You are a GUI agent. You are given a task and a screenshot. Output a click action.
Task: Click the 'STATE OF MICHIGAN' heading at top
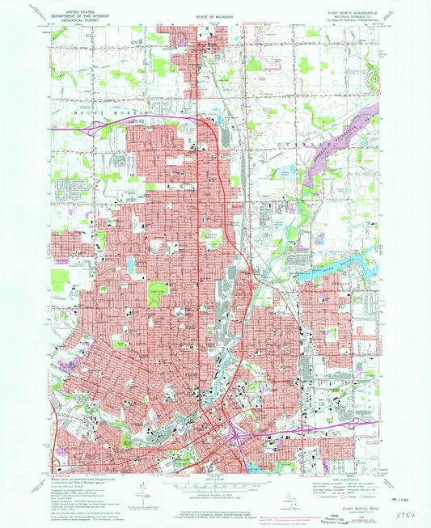(215, 16)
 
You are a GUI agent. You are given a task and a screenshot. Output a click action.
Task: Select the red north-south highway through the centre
(199, 243)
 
